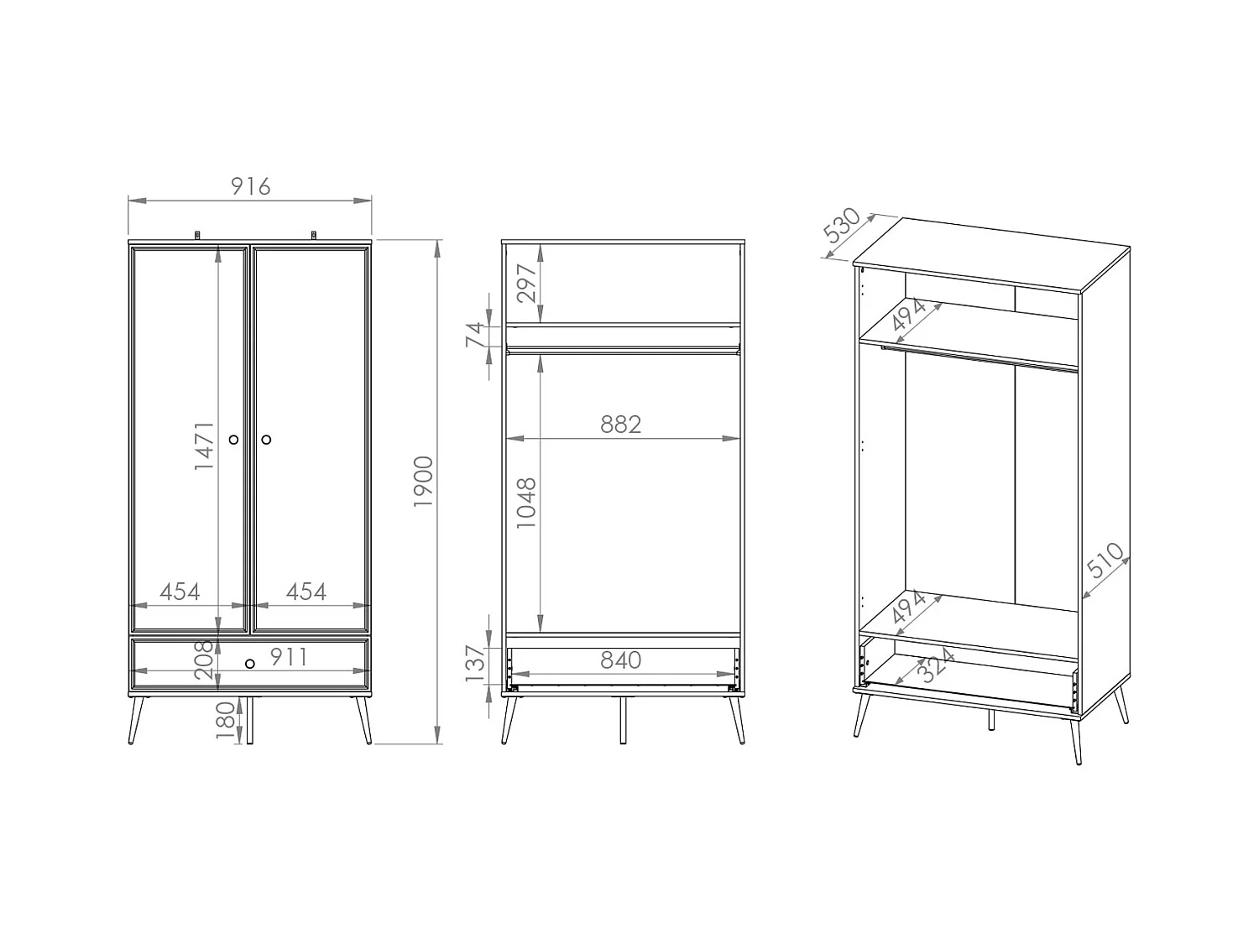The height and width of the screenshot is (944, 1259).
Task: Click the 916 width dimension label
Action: (250, 185)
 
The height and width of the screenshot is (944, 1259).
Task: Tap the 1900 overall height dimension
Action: (424, 481)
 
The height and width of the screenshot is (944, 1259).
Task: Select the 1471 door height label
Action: (205, 445)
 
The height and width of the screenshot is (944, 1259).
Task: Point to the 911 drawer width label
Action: (289, 657)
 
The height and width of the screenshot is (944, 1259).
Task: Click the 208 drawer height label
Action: (204, 659)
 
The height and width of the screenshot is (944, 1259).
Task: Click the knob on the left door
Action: (233, 439)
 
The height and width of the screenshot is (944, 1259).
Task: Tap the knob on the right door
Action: (266, 439)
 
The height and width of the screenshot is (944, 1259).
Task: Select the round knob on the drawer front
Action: (249, 664)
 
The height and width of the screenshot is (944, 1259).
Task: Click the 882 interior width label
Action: (621, 425)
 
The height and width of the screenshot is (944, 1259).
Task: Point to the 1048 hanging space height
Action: (526, 503)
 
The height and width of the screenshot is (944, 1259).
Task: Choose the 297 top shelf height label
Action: (526, 283)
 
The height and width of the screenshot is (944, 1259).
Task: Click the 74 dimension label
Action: (475, 336)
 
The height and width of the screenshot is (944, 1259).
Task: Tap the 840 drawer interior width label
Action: (621, 660)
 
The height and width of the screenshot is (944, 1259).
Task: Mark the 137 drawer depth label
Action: (475, 662)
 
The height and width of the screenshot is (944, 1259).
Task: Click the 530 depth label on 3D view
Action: (841, 225)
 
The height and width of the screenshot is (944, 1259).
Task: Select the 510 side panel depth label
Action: (1105, 561)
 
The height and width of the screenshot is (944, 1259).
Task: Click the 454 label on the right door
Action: (306, 592)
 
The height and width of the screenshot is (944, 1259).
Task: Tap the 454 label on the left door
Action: (180, 592)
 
